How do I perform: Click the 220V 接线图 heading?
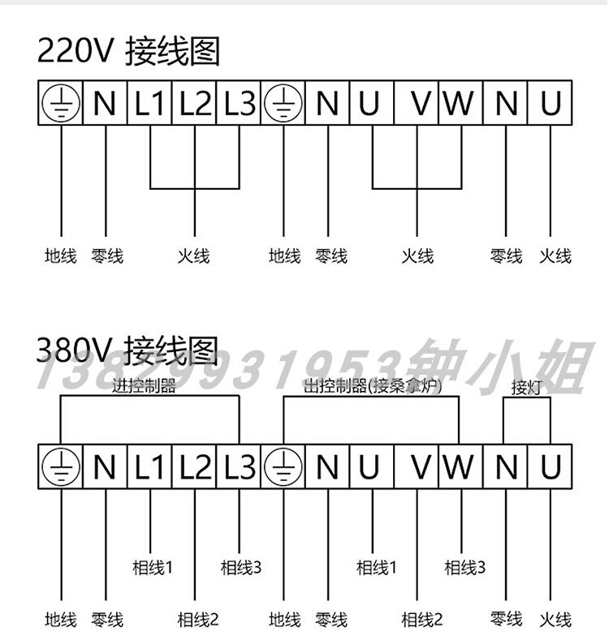point(128,52)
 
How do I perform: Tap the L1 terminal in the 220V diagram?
point(150,104)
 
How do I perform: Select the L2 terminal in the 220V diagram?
point(195,104)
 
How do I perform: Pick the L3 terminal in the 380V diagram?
point(240,467)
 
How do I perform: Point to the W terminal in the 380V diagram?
point(460,467)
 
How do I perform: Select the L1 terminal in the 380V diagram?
point(150,467)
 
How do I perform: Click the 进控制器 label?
point(145,386)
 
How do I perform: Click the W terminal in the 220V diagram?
point(460,104)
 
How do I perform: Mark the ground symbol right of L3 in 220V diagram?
point(283,104)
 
